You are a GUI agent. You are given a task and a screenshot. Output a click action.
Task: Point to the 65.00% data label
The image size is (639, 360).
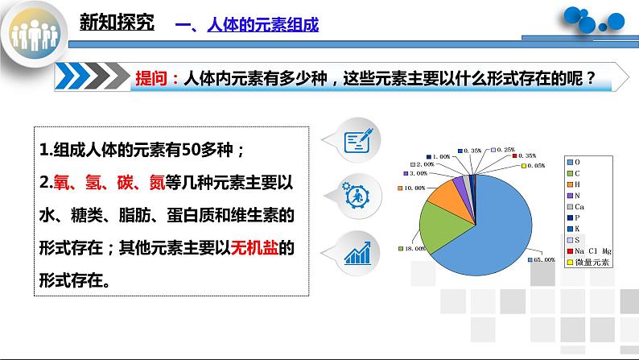coord(544,259)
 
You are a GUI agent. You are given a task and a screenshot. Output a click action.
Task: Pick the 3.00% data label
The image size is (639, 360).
coord(418,173)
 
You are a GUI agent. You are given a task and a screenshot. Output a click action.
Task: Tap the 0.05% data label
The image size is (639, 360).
coord(534,165)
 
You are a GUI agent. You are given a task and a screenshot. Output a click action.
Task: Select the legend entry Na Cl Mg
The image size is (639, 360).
coord(591,251)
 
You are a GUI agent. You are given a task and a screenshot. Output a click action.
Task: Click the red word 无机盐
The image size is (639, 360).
coord(253,249)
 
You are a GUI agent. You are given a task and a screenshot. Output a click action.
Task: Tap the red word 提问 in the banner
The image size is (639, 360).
coord(152,78)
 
